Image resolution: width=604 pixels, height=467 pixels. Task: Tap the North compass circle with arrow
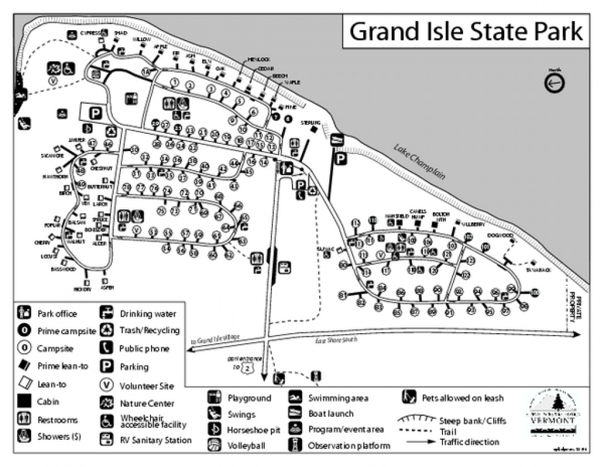[x=554, y=84]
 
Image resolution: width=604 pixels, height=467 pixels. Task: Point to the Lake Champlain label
[x=419, y=163]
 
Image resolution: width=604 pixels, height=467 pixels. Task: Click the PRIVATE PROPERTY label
[x=575, y=304]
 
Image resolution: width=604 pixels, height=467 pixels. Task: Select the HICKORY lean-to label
[x=83, y=289]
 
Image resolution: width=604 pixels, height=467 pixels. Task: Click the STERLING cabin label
[x=310, y=123]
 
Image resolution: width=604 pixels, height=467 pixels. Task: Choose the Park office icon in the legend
[x=25, y=313]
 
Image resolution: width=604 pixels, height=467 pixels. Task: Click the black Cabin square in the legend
[x=25, y=402]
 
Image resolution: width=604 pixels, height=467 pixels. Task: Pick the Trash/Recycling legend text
[x=149, y=331]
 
